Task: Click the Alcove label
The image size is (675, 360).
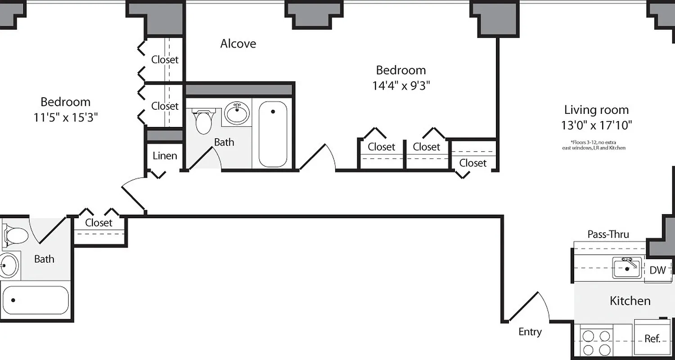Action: point(238,44)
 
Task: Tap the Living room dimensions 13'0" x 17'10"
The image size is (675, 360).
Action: point(596,125)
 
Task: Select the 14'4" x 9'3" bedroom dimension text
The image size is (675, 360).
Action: point(401,85)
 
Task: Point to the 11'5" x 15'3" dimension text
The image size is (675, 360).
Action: point(66,117)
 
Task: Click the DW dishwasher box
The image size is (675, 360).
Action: point(657,270)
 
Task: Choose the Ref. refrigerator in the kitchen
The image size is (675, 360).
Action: point(652,338)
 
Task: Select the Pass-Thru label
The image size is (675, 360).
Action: point(608,234)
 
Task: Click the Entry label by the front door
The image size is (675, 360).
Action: point(530,332)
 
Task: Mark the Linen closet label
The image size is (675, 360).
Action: point(165,156)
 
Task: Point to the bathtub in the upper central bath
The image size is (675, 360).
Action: point(273,134)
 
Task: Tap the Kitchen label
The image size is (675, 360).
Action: point(630,301)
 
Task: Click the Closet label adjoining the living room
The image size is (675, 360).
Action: point(472,163)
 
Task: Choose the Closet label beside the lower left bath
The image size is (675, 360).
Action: point(99,223)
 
